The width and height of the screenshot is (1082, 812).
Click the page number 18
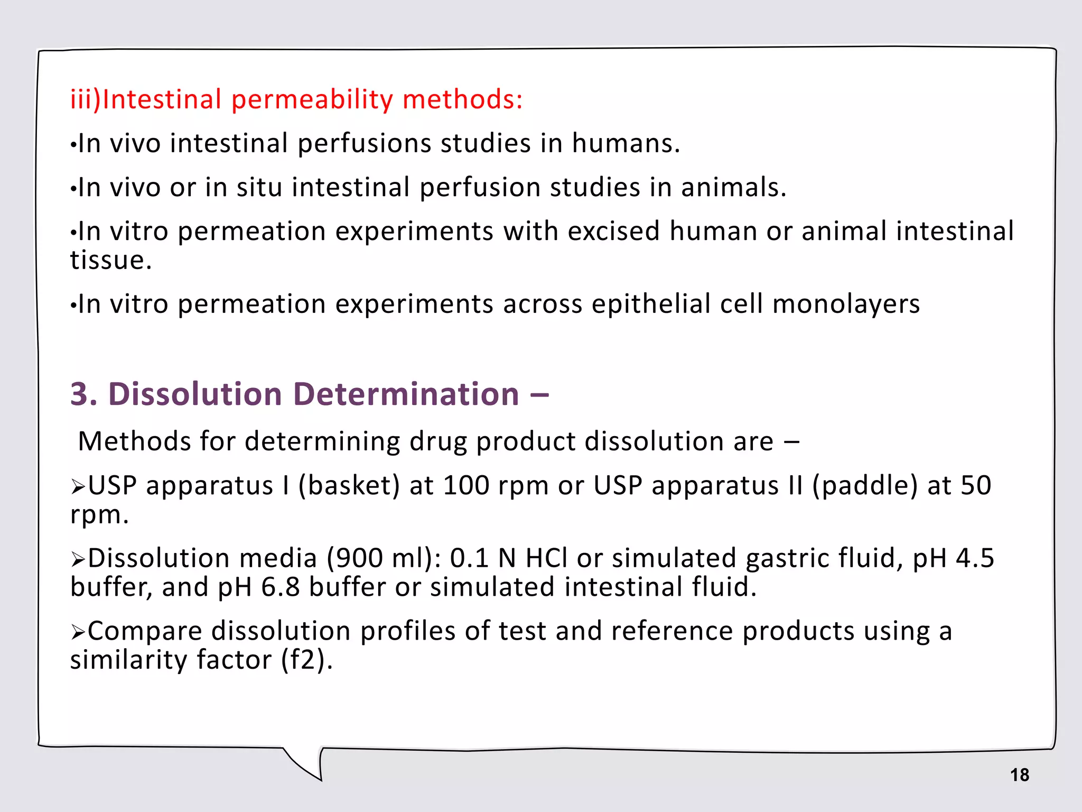1019,775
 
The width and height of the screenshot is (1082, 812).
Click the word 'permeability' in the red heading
312,100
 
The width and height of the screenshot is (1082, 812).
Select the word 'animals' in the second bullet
733,187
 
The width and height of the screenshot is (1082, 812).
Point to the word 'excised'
612,231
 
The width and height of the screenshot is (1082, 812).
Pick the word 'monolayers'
846,304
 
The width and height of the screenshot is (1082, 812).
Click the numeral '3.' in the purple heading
84,394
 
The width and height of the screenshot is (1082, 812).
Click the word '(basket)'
349,485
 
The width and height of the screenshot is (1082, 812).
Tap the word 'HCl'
546,558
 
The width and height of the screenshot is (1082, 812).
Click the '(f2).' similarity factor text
307,660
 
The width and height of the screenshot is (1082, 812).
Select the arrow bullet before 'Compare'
78,632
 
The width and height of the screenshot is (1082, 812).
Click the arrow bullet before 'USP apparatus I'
78,486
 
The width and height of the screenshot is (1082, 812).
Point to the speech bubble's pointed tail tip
320,779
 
